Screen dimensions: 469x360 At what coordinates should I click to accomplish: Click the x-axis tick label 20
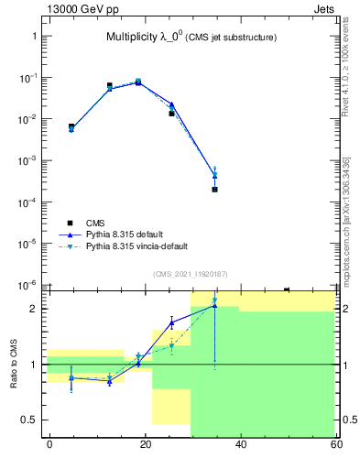pyautogui.click(x=146, y=444)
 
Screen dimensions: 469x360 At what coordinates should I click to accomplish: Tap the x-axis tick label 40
pyautogui.click(x=241, y=444)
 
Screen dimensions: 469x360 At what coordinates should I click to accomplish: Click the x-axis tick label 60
pyautogui.click(x=336, y=444)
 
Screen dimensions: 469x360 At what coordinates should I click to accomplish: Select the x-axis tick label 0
pyautogui.click(x=49, y=444)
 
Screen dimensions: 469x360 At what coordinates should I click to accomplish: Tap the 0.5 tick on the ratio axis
pyautogui.click(x=30, y=420)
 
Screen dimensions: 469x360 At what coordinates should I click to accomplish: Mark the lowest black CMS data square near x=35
pyautogui.click(x=214, y=189)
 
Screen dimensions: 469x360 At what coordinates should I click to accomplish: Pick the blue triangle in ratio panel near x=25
pyautogui.click(x=171, y=322)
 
